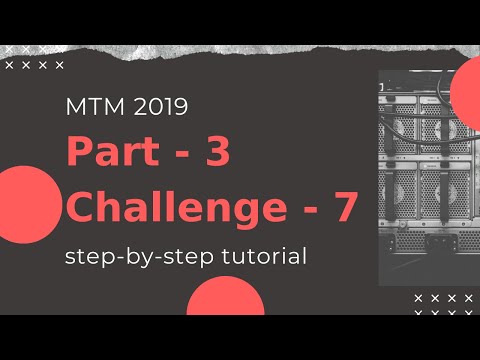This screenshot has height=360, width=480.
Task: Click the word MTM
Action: (89, 107)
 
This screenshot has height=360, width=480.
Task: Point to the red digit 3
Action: (217, 153)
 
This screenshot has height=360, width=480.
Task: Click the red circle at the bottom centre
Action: (225, 300)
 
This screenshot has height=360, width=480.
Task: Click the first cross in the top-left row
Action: (9, 65)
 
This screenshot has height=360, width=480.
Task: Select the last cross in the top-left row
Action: (59, 65)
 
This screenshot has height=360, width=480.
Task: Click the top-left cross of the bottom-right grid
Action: (417, 298)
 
